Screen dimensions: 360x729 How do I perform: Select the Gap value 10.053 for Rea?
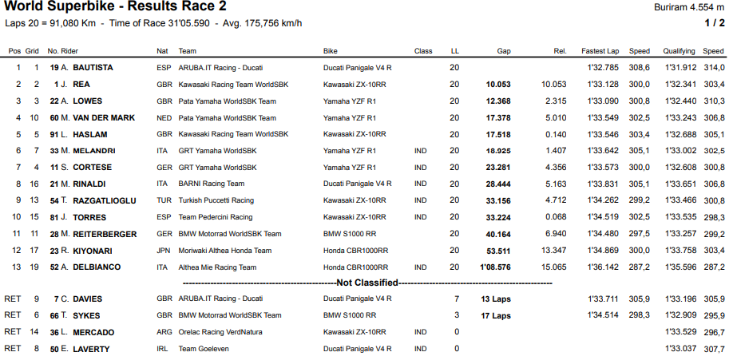pos(497,84)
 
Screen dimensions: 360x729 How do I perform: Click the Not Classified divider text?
pos(367,283)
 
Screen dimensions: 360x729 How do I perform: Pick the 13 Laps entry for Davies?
pos(496,299)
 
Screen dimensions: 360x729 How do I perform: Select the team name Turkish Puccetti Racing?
pos(216,200)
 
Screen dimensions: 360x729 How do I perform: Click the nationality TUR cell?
pos(164,200)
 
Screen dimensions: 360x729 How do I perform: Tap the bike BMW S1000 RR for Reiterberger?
pos(351,234)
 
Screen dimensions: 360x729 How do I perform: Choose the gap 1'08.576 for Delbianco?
pos(495,267)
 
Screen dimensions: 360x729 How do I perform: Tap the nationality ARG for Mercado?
pos(164,332)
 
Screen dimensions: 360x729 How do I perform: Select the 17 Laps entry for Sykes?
pos(496,315)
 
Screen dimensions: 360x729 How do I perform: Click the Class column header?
pos(423,50)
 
